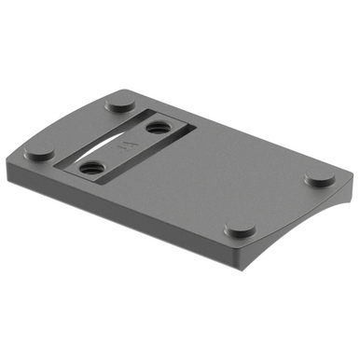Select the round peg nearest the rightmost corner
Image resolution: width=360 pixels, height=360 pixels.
coord(318,180)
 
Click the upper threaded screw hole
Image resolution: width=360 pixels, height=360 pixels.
coord(155,126)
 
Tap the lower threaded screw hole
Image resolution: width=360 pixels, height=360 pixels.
coord(90,168)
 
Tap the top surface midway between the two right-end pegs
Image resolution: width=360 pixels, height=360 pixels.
coord(279,204)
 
